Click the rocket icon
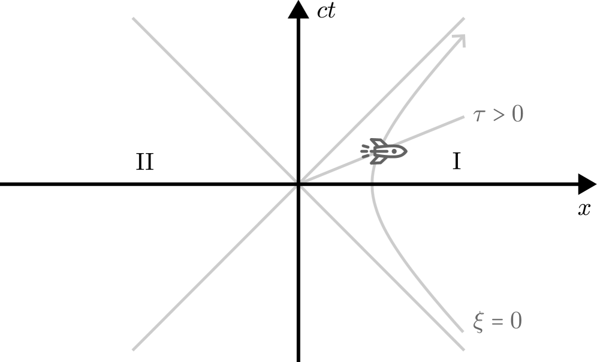click(x=384, y=151)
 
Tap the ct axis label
click(x=326, y=11)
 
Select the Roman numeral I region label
click(x=456, y=161)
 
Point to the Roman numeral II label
click(x=144, y=161)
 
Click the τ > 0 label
click(x=497, y=114)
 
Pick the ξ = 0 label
click(x=497, y=322)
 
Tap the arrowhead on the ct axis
click(x=298, y=9)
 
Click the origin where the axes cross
click(x=298, y=184)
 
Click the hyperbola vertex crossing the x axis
click(x=372, y=184)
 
